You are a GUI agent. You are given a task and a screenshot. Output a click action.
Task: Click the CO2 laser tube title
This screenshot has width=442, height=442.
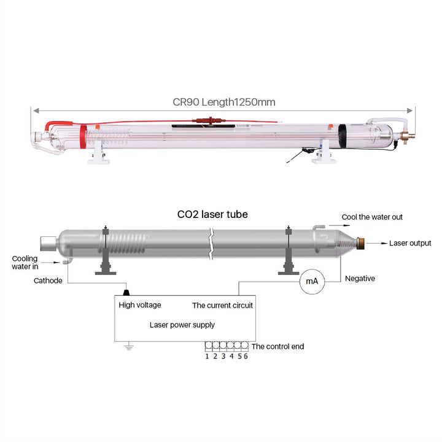212,215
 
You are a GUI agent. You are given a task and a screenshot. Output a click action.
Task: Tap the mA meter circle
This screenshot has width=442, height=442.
311,281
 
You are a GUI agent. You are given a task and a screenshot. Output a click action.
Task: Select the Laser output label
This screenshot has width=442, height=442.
410,244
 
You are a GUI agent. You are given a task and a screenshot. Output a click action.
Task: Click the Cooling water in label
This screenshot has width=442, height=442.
25,262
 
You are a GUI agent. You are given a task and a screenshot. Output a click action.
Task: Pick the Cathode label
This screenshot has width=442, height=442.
47,281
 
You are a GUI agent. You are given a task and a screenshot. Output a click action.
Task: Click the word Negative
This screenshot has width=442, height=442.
360,279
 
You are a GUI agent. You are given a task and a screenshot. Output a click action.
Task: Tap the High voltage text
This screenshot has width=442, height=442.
139,305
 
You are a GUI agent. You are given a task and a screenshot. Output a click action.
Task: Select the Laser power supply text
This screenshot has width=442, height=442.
182,325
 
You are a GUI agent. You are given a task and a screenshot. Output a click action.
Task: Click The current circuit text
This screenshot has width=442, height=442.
222,305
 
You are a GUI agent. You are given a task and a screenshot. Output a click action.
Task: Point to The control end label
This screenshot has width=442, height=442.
277,347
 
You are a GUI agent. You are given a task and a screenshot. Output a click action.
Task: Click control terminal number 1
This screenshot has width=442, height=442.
207,356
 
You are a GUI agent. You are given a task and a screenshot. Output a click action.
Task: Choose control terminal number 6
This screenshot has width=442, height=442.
246,356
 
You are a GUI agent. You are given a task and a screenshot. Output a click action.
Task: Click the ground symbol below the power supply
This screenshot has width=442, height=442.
129,348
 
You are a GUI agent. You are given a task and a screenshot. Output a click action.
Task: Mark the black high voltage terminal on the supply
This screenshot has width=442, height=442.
127,292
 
